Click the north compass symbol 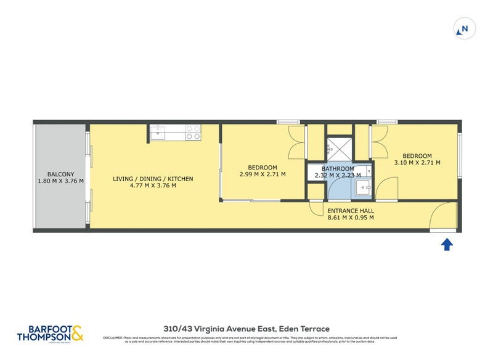pyautogui.click(x=464, y=28)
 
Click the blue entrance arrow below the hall pyautogui.click(x=447, y=245)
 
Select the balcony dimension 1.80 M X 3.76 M pyautogui.click(x=60, y=182)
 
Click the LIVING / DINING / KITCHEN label pyautogui.click(x=153, y=179)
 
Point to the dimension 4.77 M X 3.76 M pyautogui.click(x=153, y=186)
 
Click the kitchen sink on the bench pyautogui.click(x=158, y=131)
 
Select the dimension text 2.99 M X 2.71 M pyautogui.click(x=263, y=175)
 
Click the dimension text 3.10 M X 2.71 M pyautogui.click(x=417, y=163)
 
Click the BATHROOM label pyautogui.click(x=338, y=169)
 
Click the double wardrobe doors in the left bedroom pyautogui.click(x=297, y=143)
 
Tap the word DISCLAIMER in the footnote pyautogui.click(x=113, y=338)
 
